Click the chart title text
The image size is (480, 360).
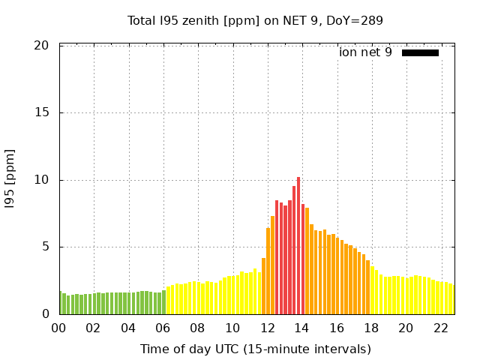coord(255,21)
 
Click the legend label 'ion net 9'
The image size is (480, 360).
coord(365,52)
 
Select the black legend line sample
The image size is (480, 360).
coord(420,52)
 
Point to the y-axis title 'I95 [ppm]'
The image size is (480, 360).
coord(10,180)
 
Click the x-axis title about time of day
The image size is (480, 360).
coord(255,349)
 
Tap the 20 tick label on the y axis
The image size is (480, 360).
coord(42,46)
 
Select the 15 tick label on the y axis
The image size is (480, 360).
coord(42,112)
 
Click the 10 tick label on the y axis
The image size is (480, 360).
coord(42,180)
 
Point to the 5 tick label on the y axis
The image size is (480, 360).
coord(45,247)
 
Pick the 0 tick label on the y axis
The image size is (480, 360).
coord(45,314)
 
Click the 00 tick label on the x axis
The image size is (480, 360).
coord(58,328)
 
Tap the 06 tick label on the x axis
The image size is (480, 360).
coord(163,328)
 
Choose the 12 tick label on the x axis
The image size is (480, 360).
coord(267,328)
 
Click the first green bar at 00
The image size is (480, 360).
coord(60,303)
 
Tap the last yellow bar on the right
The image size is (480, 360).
coord(452,299)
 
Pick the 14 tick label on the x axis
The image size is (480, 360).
coord(301,328)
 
